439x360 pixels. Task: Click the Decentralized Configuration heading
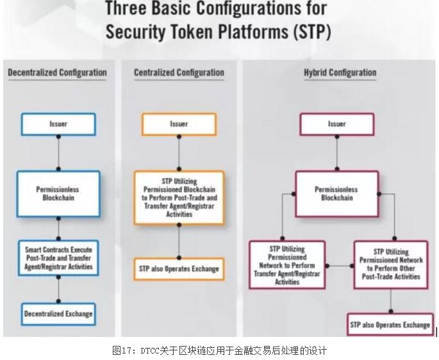pyautogui.click(x=58, y=72)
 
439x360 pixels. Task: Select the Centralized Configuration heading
pyautogui.click(x=179, y=72)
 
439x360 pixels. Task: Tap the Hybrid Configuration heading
pyautogui.click(x=340, y=72)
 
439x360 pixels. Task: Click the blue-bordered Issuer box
pyautogui.click(x=58, y=124)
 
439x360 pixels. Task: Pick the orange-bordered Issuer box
pyautogui.click(x=179, y=124)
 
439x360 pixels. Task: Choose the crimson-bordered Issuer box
pyautogui.click(x=337, y=124)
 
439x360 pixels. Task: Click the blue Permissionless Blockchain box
pyautogui.click(x=58, y=193)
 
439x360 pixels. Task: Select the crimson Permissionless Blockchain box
pyautogui.click(x=337, y=193)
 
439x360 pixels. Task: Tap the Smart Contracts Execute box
pyautogui.click(x=58, y=258)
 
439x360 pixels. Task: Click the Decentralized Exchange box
pyautogui.click(x=58, y=314)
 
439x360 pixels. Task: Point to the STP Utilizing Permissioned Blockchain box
pyautogui.click(x=179, y=198)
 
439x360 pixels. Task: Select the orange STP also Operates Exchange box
pyautogui.click(x=179, y=269)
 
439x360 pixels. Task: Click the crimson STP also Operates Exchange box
pyautogui.click(x=390, y=325)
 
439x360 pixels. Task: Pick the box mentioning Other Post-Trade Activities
pyautogui.click(x=391, y=265)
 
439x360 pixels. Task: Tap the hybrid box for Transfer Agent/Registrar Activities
pyautogui.click(x=287, y=265)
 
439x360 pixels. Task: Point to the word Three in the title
pyautogui.click(x=126, y=8)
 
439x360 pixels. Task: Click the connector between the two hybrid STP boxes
pyautogui.click(x=340, y=266)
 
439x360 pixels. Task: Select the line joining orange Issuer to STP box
pyautogui.click(x=179, y=153)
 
